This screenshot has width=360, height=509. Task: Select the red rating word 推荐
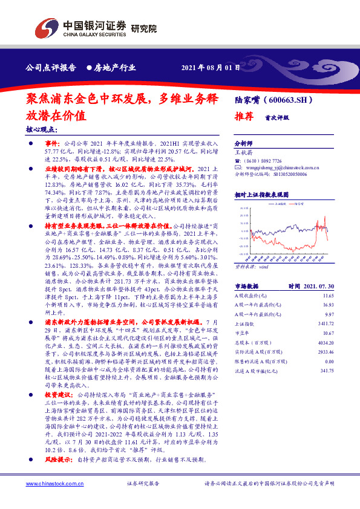tap(243, 118)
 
